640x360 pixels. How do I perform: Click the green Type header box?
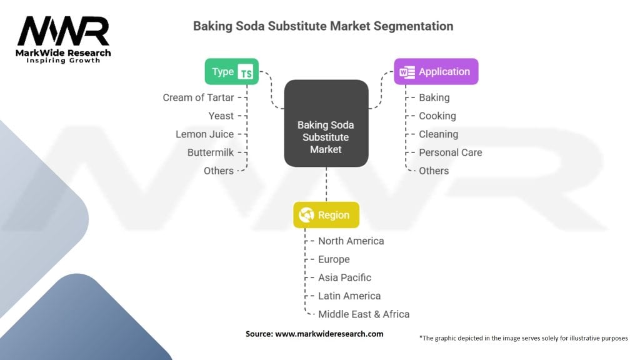(x=232, y=72)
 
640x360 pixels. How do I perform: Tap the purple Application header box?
(x=436, y=72)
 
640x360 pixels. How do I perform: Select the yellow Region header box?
(x=326, y=215)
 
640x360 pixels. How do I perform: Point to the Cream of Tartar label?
(x=198, y=97)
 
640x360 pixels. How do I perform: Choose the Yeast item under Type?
(x=221, y=116)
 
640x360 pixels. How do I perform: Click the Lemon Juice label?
(x=204, y=134)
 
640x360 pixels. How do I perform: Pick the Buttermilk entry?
(x=210, y=152)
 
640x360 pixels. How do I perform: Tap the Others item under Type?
(x=218, y=171)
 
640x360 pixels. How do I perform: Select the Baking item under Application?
(x=434, y=97)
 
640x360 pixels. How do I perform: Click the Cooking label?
(x=437, y=116)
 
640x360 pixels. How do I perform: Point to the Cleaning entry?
(x=438, y=134)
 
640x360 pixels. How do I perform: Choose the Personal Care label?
(x=450, y=152)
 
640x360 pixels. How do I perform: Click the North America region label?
(x=351, y=241)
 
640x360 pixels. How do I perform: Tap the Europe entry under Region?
(x=334, y=259)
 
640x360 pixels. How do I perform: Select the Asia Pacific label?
(x=344, y=277)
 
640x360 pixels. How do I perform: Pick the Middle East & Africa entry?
(x=364, y=314)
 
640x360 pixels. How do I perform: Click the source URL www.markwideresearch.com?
(x=329, y=334)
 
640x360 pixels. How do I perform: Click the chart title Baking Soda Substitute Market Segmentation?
(x=322, y=26)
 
